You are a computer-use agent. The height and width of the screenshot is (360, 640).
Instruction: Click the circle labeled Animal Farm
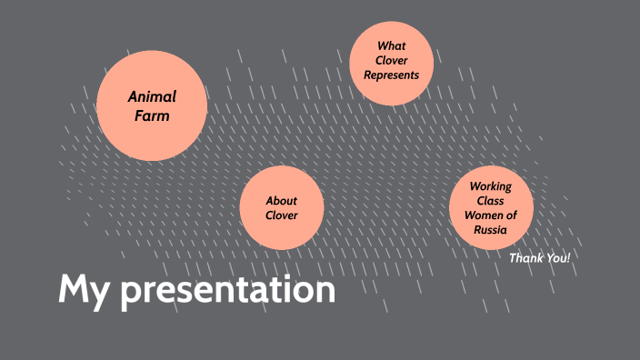(152, 105)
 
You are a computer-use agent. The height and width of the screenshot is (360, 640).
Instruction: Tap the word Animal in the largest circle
(152, 96)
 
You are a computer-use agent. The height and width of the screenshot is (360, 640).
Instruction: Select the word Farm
(152, 115)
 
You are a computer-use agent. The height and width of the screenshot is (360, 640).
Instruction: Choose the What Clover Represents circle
(391, 63)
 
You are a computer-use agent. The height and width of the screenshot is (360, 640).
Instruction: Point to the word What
(391, 45)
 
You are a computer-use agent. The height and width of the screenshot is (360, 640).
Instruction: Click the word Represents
(391, 75)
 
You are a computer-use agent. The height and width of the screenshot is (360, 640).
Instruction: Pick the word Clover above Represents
(391, 60)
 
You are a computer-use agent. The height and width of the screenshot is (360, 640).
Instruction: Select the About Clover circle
(282, 208)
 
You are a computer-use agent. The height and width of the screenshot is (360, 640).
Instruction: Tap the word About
(282, 201)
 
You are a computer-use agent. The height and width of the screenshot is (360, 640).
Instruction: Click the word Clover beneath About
(282, 215)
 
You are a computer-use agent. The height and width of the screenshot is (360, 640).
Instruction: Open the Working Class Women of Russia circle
(491, 208)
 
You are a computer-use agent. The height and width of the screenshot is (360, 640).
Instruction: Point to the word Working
(491, 186)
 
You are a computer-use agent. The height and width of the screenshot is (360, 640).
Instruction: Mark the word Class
(491, 201)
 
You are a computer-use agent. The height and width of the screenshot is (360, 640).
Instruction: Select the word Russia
(491, 230)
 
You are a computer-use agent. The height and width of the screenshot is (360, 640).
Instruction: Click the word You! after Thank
(557, 258)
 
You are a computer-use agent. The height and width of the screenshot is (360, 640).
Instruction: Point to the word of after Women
(511, 215)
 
